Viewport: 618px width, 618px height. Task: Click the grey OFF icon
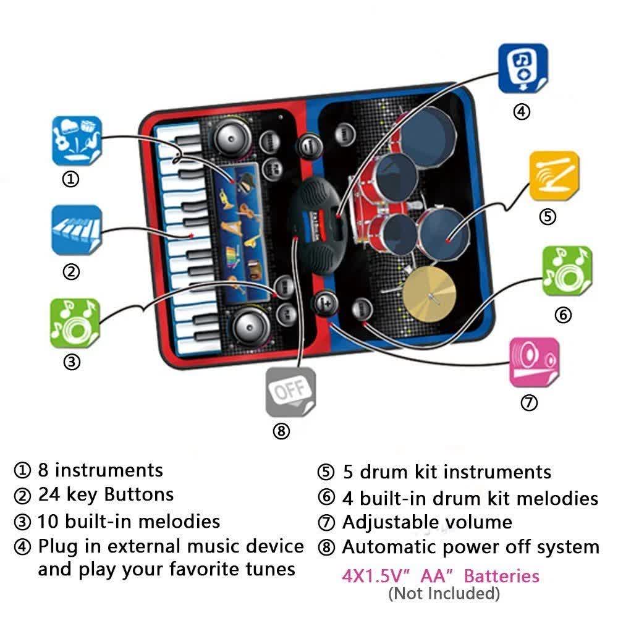290,391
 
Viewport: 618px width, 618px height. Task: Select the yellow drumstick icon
554,176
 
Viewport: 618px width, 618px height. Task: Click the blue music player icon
523,68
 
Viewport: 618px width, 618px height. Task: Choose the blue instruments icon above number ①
76,140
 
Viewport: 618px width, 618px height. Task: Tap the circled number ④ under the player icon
522,112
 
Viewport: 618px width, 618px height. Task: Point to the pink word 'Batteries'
502,577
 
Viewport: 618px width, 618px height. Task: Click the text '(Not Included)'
444,594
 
